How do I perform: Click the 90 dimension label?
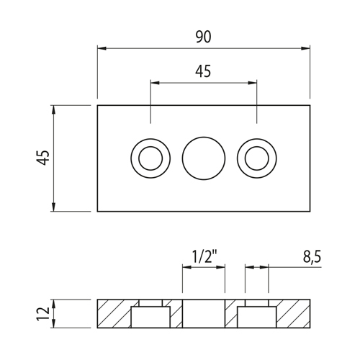pyautogui.click(x=204, y=37)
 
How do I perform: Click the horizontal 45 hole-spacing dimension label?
pyautogui.click(x=203, y=71)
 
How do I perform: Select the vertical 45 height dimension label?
pyautogui.click(x=42, y=158)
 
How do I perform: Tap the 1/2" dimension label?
pyautogui.click(x=203, y=257)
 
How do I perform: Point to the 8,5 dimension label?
pyautogui.click(x=312, y=257)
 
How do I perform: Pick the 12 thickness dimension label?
pyautogui.click(x=42, y=313)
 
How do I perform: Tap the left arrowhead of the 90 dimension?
pyautogui.click(x=102, y=48)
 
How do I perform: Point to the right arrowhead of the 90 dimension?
pyautogui.click(x=305, y=48)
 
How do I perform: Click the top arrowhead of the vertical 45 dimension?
pyautogui.click(x=53, y=109)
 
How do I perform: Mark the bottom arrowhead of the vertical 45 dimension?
pyautogui.click(x=53, y=207)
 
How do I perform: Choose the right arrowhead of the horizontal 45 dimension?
pyautogui.click(x=253, y=83)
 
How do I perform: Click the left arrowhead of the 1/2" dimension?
pyautogui.click(x=186, y=267)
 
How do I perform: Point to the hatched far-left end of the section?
pyautogui.click(x=114, y=314)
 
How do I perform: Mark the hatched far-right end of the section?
pyautogui.click(x=293, y=314)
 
